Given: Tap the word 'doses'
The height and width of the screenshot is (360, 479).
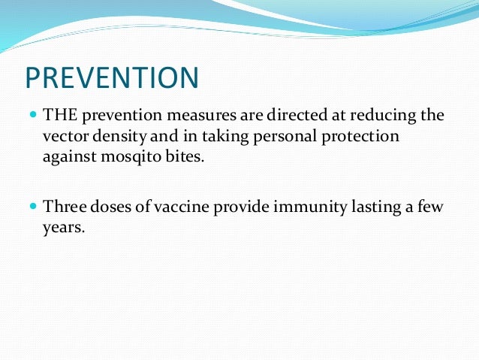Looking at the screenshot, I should pos(114,207).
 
